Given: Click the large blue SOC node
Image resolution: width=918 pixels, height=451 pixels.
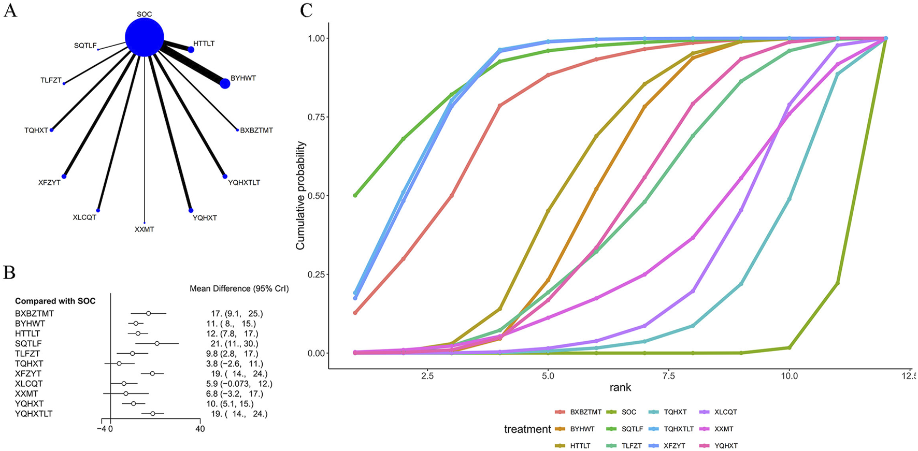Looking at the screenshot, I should (145, 37).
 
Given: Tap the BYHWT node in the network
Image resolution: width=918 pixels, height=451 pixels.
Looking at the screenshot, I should (225, 83).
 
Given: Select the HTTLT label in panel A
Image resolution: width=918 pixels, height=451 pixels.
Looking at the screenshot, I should (204, 44).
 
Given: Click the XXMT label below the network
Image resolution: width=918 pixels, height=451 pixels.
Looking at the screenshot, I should (145, 229).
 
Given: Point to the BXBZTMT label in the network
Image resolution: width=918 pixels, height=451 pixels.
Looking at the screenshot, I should (256, 130).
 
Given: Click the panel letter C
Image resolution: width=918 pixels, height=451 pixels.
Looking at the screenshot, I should (306, 10).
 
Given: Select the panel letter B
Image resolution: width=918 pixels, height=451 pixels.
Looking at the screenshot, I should (10, 273).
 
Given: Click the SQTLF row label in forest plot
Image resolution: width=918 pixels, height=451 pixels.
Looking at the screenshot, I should (28, 344).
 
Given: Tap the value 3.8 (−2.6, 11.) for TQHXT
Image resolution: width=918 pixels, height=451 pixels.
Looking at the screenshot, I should (234, 364).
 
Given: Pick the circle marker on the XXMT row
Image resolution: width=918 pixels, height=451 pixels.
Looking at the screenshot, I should (126, 394).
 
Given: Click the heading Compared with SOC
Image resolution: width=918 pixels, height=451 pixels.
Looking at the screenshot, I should (55, 301).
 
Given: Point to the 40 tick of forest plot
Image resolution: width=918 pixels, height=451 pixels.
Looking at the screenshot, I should (199, 429).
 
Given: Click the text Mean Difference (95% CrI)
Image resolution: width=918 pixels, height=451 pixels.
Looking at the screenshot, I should (239, 289).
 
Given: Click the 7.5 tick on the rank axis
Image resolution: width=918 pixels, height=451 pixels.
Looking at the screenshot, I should (669, 376).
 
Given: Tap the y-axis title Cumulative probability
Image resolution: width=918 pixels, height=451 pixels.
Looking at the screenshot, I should (300, 196).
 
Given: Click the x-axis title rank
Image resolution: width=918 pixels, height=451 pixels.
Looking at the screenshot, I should (620, 387).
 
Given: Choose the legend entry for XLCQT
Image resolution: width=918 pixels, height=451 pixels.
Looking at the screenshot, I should (725, 412).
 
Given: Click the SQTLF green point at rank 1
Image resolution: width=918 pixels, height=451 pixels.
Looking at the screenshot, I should (355, 195).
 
